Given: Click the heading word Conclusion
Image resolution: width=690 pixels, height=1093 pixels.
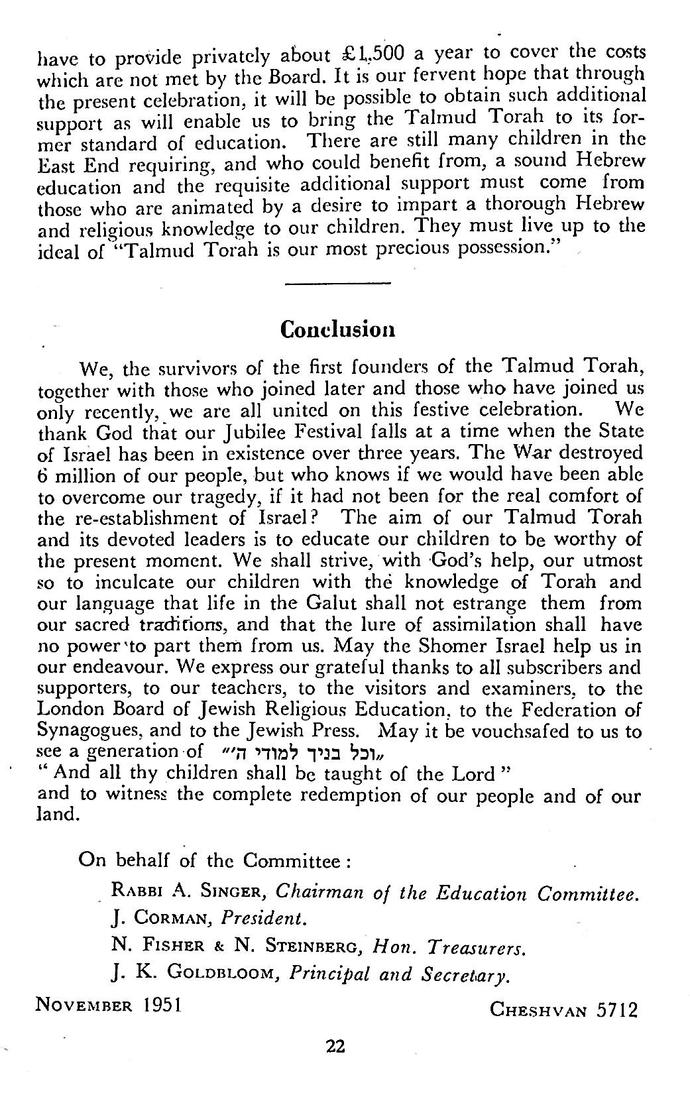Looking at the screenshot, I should tap(338, 329).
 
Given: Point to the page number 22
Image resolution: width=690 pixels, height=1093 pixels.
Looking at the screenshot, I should tap(336, 1047).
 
